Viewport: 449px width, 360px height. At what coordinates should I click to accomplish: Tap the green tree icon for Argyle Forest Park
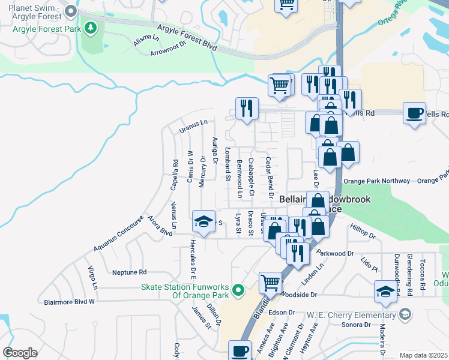pos(91,27)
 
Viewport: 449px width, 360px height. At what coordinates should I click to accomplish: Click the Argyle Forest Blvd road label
pos(187,37)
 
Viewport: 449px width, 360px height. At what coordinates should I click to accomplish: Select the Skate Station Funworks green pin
pos(238,291)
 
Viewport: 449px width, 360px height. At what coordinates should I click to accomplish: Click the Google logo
pos(20,353)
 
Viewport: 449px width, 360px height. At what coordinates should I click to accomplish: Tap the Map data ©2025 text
pos(423,355)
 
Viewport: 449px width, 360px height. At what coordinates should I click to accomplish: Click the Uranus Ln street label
pos(193,126)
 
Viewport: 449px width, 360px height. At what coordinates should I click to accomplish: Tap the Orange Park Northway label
pos(377,181)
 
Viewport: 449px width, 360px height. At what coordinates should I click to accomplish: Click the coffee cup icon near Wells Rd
pos(414,114)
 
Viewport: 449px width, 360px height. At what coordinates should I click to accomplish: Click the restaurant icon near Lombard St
pos(247,109)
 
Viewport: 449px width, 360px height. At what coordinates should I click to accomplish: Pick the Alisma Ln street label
pos(146,41)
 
